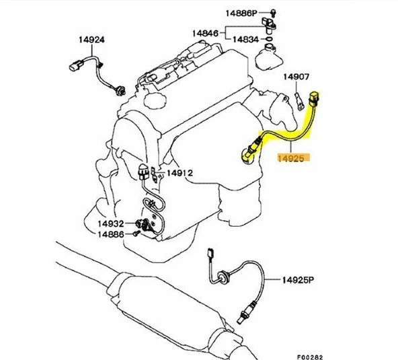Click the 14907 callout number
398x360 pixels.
[x=295, y=77]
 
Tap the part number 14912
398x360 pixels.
[x=180, y=173]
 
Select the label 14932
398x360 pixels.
[x=111, y=223]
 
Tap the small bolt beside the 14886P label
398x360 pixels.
[x=274, y=13]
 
